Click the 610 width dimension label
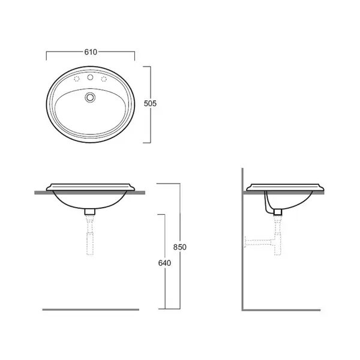91,52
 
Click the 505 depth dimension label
150,104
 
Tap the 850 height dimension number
180,247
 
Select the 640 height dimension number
164,263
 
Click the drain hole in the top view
90,97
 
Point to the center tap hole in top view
90,77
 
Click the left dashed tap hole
76,79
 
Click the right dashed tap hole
104,79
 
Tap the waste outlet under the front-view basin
90,212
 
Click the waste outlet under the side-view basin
278,212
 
